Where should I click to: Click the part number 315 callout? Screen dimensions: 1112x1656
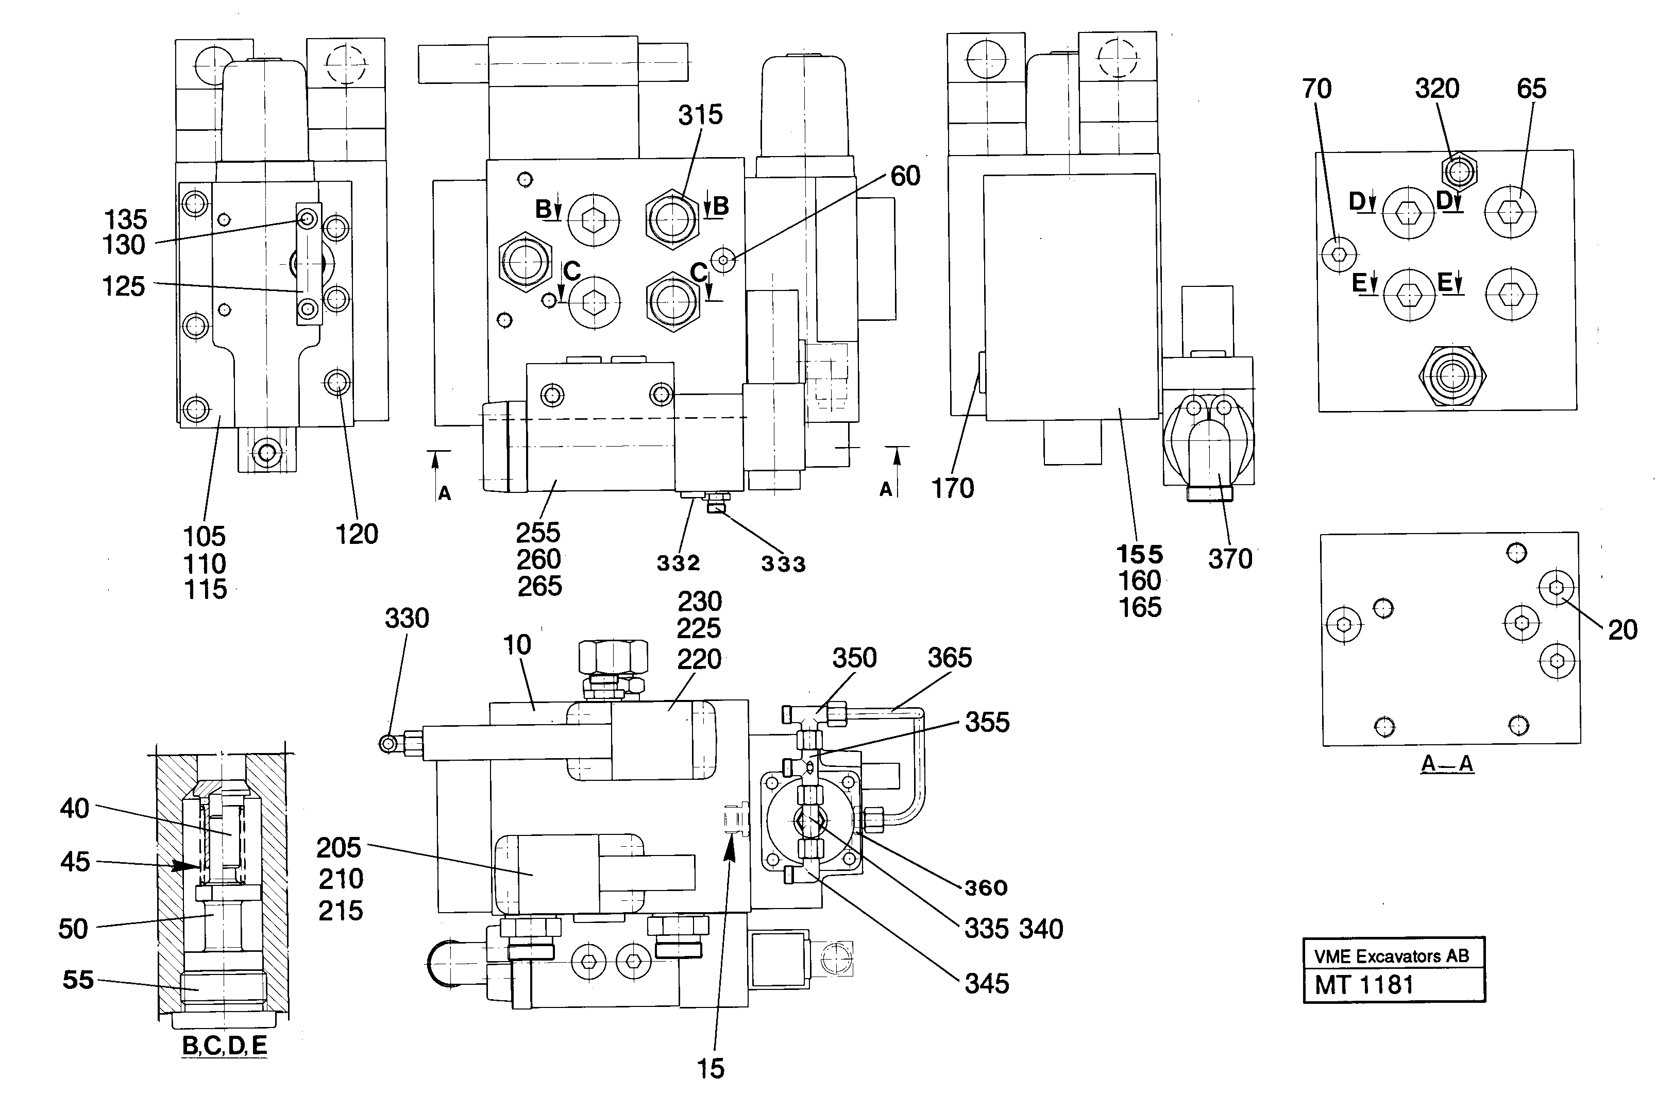(x=700, y=115)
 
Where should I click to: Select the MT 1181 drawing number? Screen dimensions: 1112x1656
(x=1364, y=985)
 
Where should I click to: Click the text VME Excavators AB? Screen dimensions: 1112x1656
(x=1391, y=956)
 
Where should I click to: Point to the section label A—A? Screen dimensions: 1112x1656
(x=1447, y=764)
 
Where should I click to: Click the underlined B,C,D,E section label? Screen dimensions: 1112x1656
(x=224, y=1046)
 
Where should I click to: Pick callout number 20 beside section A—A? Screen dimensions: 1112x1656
(x=1622, y=630)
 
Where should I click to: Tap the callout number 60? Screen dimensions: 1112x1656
(x=905, y=176)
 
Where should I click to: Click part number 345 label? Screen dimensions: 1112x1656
(x=986, y=984)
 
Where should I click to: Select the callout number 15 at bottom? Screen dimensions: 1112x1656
(x=710, y=1069)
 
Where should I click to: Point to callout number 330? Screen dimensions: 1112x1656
(x=407, y=619)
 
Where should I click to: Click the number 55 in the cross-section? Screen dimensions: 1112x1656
(x=78, y=980)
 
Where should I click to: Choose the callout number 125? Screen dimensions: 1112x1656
(x=124, y=286)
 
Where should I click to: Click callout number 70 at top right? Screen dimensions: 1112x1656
(x=1316, y=89)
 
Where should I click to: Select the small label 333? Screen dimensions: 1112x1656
(x=783, y=564)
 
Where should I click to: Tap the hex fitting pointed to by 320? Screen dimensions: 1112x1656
(x=1459, y=171)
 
